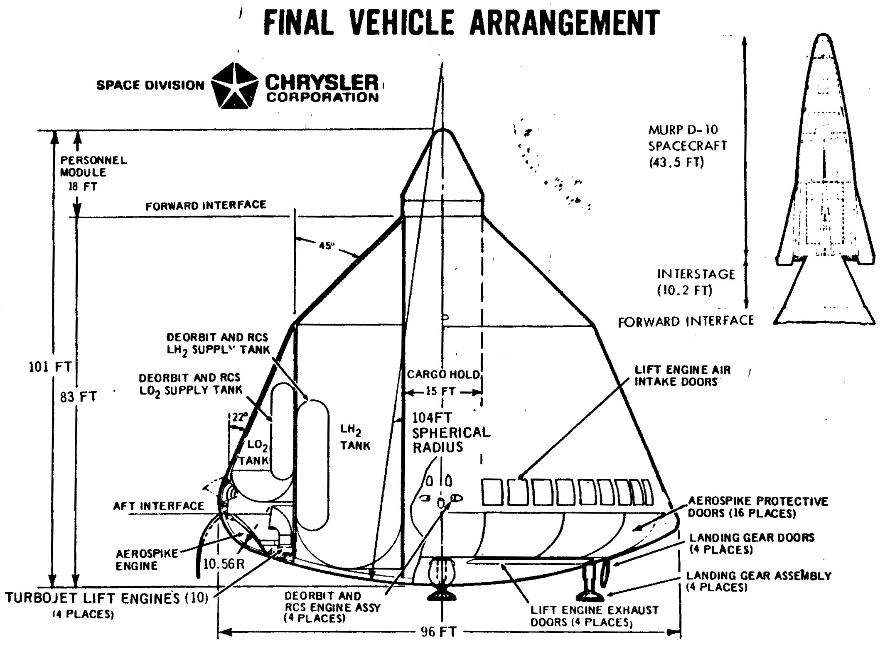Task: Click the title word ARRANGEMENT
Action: tap(565, 23)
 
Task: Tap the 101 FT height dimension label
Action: tap(50, 367)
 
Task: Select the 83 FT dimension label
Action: tap(78, 397)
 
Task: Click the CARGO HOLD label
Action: tap(443, 374)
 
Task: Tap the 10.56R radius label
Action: tap(224, 564)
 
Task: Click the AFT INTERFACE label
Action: tap(159, 506)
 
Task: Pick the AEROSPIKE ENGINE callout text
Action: tap(147, 559)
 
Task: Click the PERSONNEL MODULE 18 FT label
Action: tap(93, 173)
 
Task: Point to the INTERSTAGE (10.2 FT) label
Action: tap(696, 282)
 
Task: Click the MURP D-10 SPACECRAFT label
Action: tap(688, 146)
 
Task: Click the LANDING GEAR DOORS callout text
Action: tap(752, 543)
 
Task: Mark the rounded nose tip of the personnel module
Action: tap(443, 130)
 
